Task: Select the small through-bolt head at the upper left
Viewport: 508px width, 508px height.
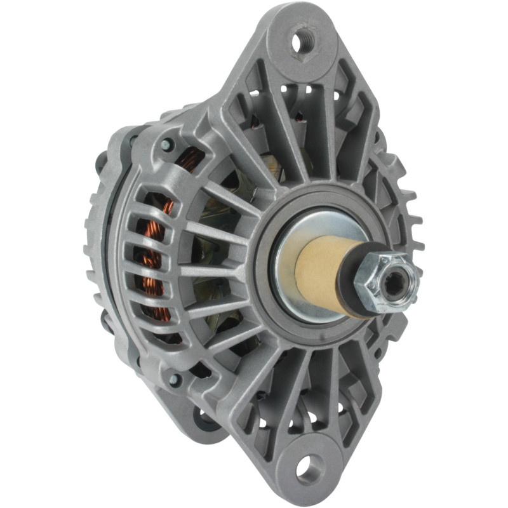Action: click(x=167, y=145)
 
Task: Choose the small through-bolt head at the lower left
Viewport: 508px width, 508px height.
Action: click(x=173, y=380)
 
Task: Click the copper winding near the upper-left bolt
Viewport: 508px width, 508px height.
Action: click(x=190, y=159)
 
